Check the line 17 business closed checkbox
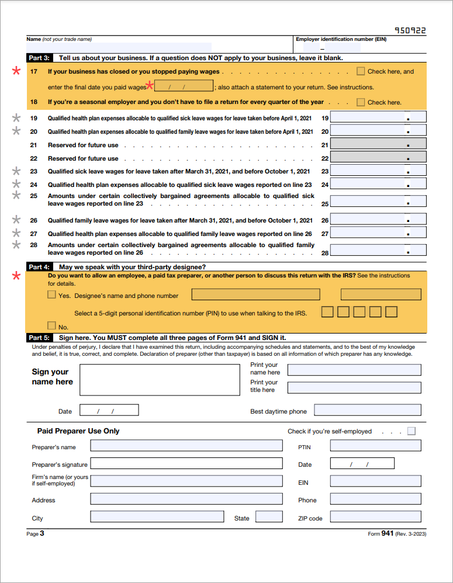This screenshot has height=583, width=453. tap(361, 71)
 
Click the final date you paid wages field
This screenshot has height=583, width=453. tap(184, 86)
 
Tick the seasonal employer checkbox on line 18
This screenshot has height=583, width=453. tap(361, 102)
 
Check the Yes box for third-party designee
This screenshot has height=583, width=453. tap(52, 295)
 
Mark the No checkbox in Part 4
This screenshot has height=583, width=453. tap(52, 326)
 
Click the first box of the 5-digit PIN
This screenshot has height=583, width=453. tap(327, 312)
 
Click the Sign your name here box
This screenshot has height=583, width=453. tap(160, 380)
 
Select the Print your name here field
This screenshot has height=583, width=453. tap(354, 370)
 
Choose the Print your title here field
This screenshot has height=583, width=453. tap(354, 387)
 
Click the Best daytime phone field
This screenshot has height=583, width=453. tap(367, 411)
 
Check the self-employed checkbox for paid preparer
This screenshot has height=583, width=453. tap(411, 431)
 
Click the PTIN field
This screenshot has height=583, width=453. tap(375, 446)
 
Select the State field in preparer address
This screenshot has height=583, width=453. tap(269, 517)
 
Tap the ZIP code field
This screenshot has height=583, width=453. tap(375, 517)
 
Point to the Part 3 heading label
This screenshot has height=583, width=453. tap(39, 58)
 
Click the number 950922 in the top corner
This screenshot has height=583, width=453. tap(410, 30)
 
